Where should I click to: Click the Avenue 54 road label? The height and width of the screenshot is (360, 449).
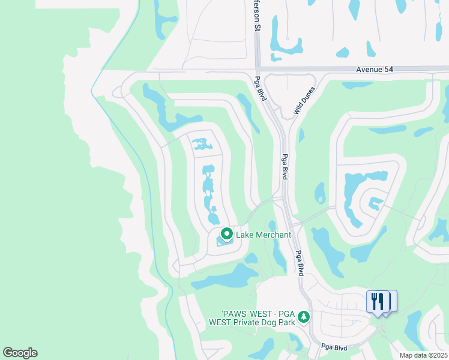pyautogui.click(x=374, y=70)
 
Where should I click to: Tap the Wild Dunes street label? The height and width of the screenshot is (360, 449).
pyautogui.click(x=304, y=100)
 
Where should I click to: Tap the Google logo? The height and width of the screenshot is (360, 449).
pyautogui.click(x=20, y=353)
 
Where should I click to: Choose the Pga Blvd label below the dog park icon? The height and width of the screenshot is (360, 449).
pyautogui.click(x=334, y=347)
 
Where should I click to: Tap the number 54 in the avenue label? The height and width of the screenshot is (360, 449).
pyautogui.click(x=388, y=70)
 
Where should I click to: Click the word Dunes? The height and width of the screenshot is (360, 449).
pyautogui.click(x=308, y=95)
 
